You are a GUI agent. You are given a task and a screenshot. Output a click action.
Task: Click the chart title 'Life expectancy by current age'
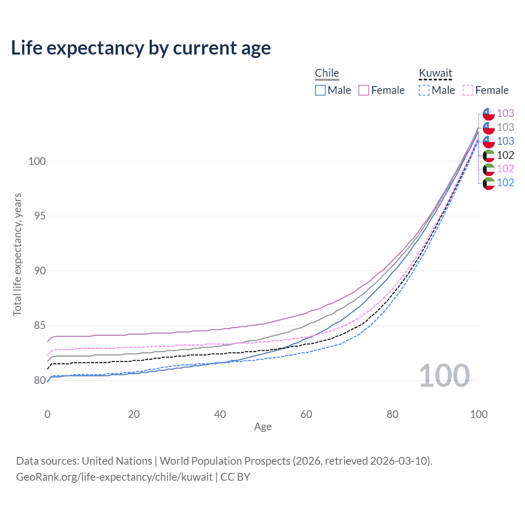point(141,48)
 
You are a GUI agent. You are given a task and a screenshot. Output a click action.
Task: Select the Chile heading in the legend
point(327,73)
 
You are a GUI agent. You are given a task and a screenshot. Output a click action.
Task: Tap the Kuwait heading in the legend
point(435,73)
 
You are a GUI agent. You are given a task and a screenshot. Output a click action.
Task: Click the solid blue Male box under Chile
point(320,90)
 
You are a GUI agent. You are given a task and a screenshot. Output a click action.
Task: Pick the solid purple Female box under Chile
point(364,90)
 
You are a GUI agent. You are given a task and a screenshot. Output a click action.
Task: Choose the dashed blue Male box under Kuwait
point(424,90)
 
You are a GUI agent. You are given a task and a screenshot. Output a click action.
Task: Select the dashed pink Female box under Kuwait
point(468,90)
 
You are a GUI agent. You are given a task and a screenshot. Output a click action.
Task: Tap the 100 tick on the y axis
point(37,161)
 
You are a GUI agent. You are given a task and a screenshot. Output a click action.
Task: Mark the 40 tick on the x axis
point(220,414)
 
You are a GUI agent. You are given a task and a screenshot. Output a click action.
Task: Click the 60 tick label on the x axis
point(306,414)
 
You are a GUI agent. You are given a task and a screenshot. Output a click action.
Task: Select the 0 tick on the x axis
point(48,414)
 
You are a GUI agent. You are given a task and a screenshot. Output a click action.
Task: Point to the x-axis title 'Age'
point(263,427)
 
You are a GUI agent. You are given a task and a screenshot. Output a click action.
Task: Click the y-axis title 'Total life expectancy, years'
point(17,254)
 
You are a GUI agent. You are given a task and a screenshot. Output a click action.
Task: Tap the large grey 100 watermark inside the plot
point(444,376)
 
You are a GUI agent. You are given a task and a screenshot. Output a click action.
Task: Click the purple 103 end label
point(505,113)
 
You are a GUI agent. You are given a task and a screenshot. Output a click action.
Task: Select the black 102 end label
point(505,155)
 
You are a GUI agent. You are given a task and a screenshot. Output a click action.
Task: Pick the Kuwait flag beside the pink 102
point(488,169)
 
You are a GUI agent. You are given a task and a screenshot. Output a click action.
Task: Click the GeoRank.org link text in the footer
point(114,477)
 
